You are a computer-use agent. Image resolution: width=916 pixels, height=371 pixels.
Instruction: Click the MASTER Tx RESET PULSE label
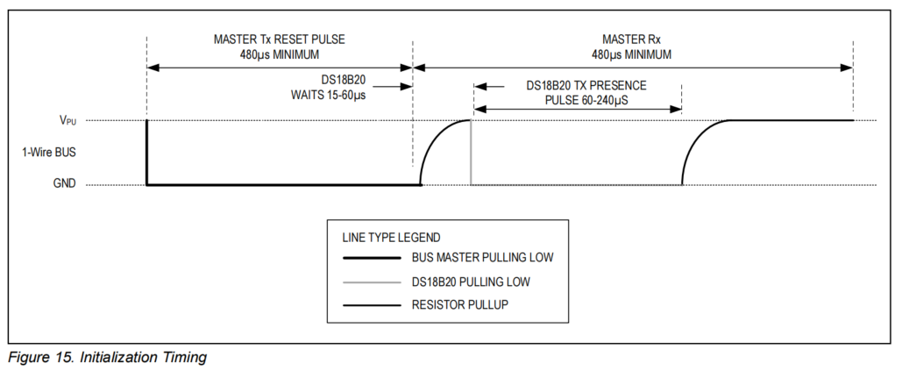[x=278, y=39]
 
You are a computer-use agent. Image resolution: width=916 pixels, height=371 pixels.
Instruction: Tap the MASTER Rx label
[x=631, y=39]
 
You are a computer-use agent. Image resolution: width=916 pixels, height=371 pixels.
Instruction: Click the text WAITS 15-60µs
[x=329, y=94]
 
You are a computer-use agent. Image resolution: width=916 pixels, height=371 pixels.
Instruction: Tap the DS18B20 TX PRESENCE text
[x=586, y=86]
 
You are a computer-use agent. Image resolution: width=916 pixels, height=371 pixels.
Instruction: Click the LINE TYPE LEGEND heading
[x=391, y=237]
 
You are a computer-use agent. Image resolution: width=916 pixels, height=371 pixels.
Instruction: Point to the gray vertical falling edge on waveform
[x=472, y=153]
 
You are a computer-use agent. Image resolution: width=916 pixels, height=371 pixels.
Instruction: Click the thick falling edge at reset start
[x=147, y=153]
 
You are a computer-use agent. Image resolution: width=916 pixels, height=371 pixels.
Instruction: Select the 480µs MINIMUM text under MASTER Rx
[x=631, y=54]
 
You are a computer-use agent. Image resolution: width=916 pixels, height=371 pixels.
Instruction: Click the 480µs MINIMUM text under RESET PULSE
[x=278, y=54]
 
